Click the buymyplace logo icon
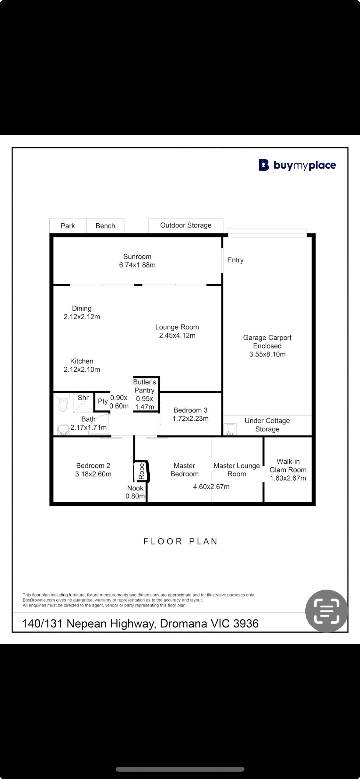(x=264, y=165)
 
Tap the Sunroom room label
(x=137, y=257)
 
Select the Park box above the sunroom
(x=68, y=226)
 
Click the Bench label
(x=105, y=226)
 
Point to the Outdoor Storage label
(x=186, y=225)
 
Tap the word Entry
(x=236, y=260)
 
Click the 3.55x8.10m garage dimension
(x=268, y=354)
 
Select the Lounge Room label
(x=177, y=327)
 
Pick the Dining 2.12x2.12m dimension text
(x=82, y=317)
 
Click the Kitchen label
(x=82, y=361)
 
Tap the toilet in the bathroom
(x=63, y=402)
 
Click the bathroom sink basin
(x=63, y=430)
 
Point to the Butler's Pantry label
(x=145, y=386)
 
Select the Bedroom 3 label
(x=190, y=410)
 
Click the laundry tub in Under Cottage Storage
(x=230, y=429)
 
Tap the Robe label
(x=141, y=471)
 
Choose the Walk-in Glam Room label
(x=288, y=465)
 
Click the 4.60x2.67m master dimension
(x=211, y=487)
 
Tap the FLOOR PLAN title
(x=180, y=541)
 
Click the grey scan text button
(x=327, y=611)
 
